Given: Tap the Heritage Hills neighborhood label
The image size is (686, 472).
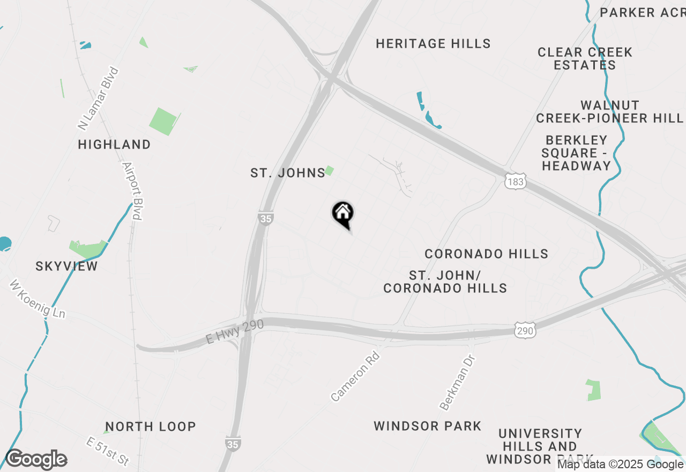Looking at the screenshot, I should click(x=433, y=44).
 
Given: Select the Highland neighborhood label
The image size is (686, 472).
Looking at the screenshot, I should click(x=114, y=144).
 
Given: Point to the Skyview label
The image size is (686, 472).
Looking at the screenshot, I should click(x=66, y=267).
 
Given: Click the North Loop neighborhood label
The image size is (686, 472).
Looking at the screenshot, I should click(x=151, y=427).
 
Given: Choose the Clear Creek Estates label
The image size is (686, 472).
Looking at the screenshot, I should click(x=585, y=59).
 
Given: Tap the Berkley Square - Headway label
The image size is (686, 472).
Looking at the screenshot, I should click(x=576, y=153).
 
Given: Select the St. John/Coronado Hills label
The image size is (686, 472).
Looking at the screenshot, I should click(x=445, y=282).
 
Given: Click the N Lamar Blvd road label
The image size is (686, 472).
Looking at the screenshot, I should click(x=98, y=99).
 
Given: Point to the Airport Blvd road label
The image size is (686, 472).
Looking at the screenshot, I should click(x=132, y=191).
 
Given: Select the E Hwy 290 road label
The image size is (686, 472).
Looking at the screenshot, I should click(x=228, y=334).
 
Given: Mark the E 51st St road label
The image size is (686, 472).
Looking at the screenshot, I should click(x=108, y=451).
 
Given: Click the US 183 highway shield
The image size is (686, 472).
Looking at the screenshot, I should click(x=515, y=182).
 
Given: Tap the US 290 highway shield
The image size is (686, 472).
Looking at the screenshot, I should click(x=525, y=331).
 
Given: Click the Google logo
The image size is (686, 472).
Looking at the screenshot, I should click(x=36, y=460).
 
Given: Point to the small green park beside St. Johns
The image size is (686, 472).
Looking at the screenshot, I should click(x=329, y=171).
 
